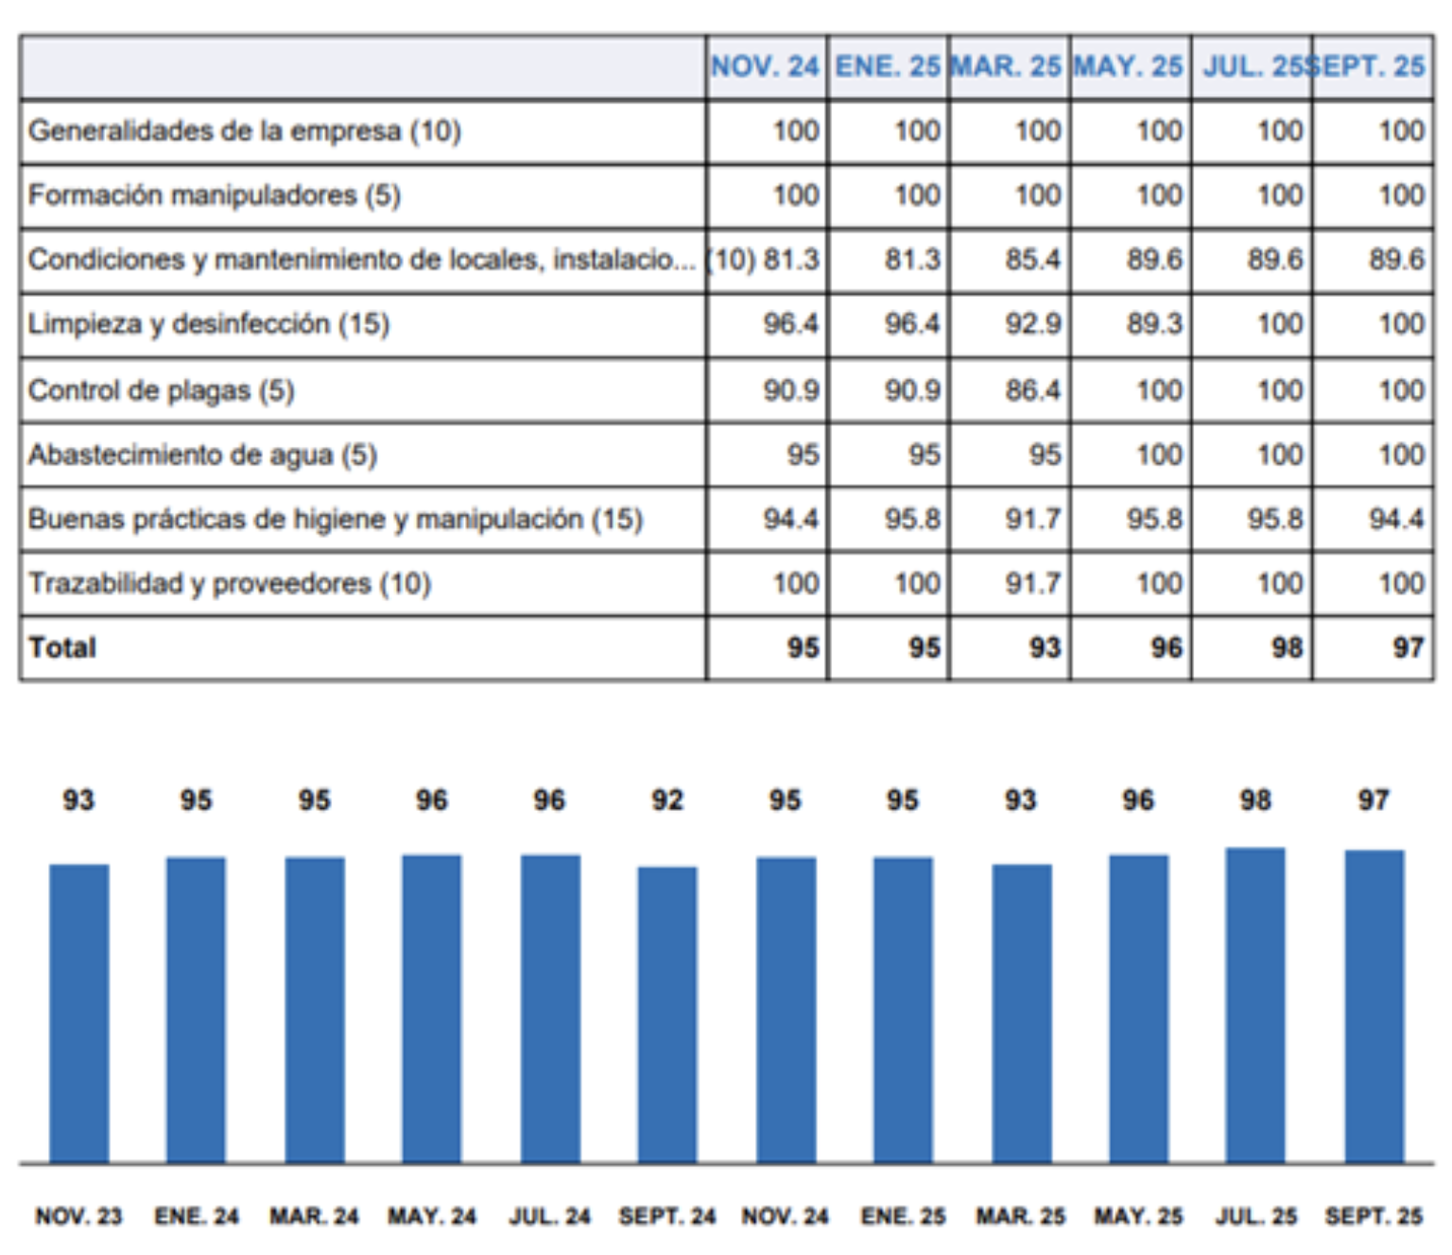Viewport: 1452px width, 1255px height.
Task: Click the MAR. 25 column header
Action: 1006,66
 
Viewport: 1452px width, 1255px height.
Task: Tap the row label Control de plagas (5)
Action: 161,390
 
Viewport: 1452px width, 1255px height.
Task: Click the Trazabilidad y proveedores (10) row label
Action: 230,583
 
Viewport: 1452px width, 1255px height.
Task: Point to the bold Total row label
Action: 62,647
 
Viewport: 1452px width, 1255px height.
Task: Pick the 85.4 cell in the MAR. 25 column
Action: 1032,259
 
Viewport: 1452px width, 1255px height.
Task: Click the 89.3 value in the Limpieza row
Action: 1154,323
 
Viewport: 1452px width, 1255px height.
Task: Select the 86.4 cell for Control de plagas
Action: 1032,390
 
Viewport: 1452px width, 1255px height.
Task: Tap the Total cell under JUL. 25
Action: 1287,647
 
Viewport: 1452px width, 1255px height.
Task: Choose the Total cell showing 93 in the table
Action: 1045,647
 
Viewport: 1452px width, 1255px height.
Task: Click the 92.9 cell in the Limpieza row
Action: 1032,323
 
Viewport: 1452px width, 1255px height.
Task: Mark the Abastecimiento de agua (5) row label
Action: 202,455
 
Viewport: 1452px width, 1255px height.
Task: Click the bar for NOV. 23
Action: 79,1013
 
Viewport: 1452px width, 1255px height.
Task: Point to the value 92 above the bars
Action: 667,800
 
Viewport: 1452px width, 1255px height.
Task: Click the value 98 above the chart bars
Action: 1255,800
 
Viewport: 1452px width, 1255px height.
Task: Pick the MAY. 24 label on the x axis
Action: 432,1216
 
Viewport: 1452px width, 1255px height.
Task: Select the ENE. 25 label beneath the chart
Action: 903,1216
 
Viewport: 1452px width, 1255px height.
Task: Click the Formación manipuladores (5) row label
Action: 215,195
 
